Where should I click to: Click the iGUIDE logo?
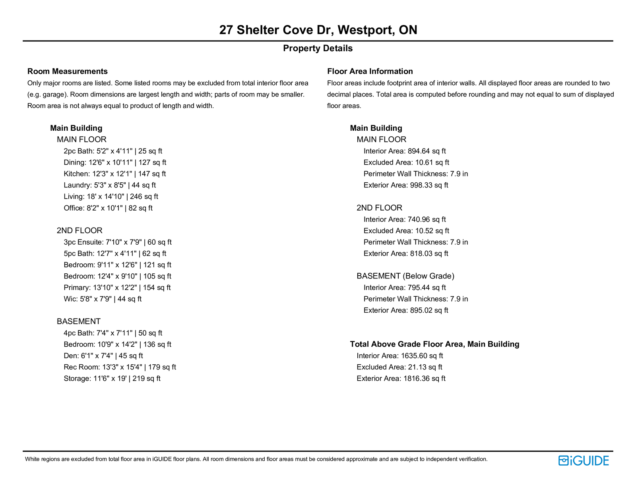[x=584, y=460]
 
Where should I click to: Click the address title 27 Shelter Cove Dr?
[x=318, y=30]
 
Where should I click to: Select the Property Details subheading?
[x=318, y=48]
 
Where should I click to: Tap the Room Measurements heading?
[x=68, y=72]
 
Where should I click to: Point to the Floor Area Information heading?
[x=370, y=72]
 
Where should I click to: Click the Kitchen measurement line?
[x=114, y=174]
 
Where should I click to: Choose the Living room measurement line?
[x=111, y=197]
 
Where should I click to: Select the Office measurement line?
[x=108, y=208]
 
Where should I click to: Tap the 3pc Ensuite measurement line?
[x=117, y=242]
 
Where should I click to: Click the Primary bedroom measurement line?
[x=117, y=288]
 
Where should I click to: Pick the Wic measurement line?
[x=102, y=299]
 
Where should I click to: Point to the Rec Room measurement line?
[x=120, y=367]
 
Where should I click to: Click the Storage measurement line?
[x=112, y=379]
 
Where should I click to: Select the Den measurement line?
[x=103, y=356]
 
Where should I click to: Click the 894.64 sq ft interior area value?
[x=427, y=151]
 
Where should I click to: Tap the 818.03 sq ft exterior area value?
[x=429, y=254]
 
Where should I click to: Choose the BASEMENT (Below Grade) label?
[x=405, y=276]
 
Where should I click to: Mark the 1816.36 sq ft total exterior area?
[x=424, y=379]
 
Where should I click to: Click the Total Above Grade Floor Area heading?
[x=434, y=344]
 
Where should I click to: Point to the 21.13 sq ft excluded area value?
[x=425, y=367]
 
